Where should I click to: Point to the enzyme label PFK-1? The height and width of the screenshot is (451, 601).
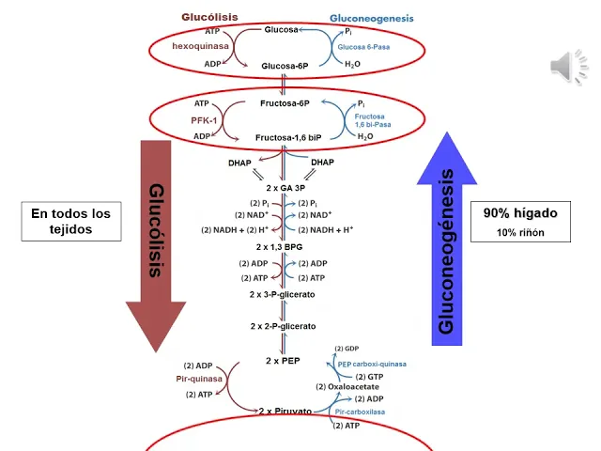click(x=204, y=119)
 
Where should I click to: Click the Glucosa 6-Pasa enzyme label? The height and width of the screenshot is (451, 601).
click(x=358, y=46)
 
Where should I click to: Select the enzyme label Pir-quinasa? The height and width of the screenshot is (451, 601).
click(x=199, y=379)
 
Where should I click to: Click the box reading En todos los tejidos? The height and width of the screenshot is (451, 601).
click(x=70, y=222)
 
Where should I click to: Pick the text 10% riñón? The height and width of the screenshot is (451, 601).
click(x=520, y=232)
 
